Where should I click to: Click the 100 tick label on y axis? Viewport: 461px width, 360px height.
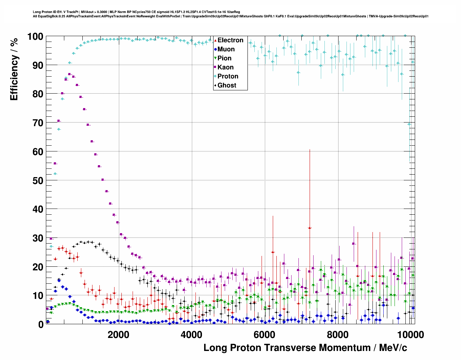click(35, 37)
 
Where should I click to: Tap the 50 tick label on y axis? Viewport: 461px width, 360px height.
click(38, 180)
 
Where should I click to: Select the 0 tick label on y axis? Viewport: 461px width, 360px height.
click(40, 324)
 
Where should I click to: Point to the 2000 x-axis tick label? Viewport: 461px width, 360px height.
click(118, 334)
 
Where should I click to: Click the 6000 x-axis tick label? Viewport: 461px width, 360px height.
click(264, 334)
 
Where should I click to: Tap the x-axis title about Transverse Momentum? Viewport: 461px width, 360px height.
click(305, 348)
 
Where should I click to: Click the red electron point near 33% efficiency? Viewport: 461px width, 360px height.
click(310, 228)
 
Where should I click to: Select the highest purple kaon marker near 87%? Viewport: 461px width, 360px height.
click(69, 74)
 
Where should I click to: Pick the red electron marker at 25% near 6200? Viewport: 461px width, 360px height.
click(273, 252)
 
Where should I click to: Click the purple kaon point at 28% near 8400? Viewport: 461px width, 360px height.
click(353, 244)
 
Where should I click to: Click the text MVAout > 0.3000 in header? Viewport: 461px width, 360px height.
click(94, 12)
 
